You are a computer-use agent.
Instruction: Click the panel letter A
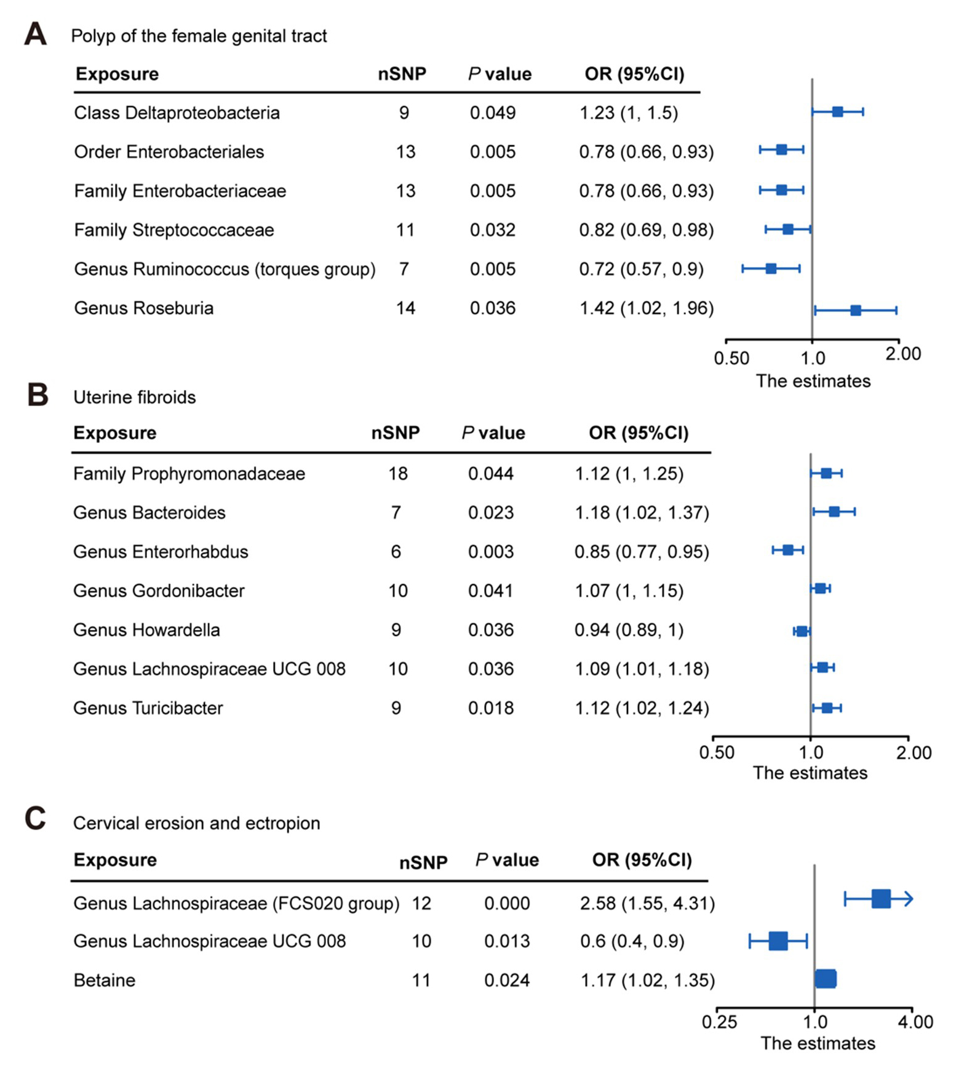coord(35,34)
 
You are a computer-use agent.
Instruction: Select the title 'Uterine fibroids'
coord(134,397)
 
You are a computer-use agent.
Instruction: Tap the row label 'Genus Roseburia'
coord(143,308)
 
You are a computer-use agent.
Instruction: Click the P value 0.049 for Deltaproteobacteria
coord(492,113)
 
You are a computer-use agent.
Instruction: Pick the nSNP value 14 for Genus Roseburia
coord(405,308)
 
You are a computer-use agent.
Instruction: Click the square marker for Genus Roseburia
coord(855,311)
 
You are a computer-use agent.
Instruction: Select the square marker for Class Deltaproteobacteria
coord(837,112)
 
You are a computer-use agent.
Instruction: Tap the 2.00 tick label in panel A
coord(903,354)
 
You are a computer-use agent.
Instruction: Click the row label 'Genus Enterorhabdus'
coord(161,552)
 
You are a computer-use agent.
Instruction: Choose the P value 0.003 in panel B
coord(490,552)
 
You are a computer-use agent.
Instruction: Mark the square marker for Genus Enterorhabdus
coord(787,550)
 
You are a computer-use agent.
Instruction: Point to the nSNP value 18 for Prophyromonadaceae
coord(397,474)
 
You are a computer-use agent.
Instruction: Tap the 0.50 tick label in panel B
coord(717,752)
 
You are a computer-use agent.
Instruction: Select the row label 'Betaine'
coord(104,980)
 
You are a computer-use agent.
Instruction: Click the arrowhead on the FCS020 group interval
coord(909,899)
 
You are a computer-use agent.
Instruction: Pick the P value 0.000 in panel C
coord(506,903)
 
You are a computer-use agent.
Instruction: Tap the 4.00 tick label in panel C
coord(915,1022)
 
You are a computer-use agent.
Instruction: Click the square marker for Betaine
coord(826,979)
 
